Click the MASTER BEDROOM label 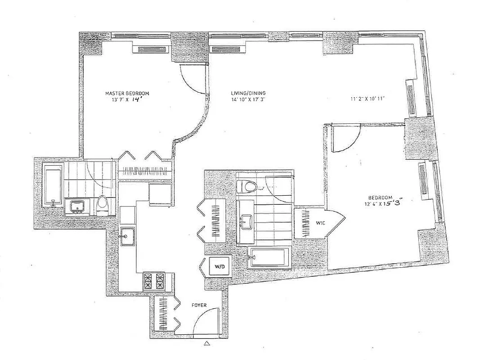coord(127,94)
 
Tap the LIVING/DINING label coord(244,94)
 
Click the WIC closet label coord(320,222)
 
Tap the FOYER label coord(199,305)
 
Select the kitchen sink coord(126,235)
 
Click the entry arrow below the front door coord(206,343)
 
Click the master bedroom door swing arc coord(193,79)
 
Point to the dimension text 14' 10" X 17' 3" coord(244,100)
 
